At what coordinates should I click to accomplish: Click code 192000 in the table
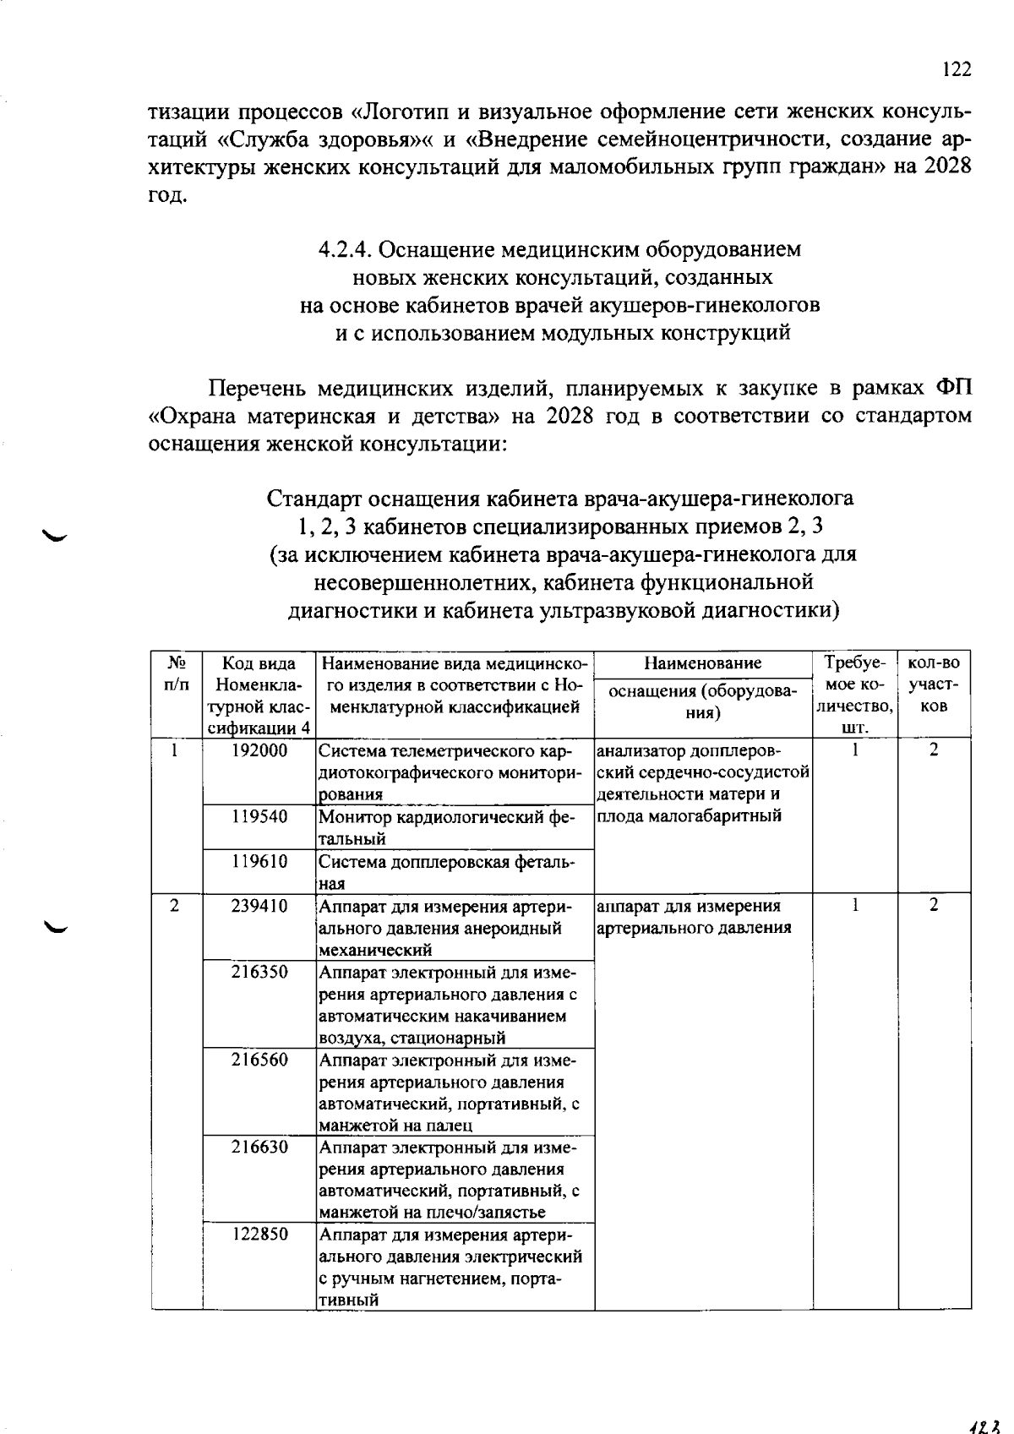click(259, 750)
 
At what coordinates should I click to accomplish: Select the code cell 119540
click(259, 816)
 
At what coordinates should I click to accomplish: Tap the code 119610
click(259, 861)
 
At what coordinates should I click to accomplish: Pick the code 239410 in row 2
click(259, 906)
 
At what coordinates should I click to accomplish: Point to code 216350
click(259, 972)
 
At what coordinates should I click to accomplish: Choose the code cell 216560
click(259, 1060)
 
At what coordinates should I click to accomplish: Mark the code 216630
click(259, 1147)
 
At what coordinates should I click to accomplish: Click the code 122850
click(259, 1234)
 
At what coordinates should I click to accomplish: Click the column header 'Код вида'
click(259, 663)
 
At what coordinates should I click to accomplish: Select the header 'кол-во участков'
click(934, 684)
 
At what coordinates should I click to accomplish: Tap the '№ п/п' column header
click(176, 673)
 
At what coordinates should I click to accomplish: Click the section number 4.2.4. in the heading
click(346, 250)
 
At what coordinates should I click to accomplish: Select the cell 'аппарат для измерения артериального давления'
click(693, 917)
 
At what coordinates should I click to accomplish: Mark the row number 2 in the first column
click(174, 906)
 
